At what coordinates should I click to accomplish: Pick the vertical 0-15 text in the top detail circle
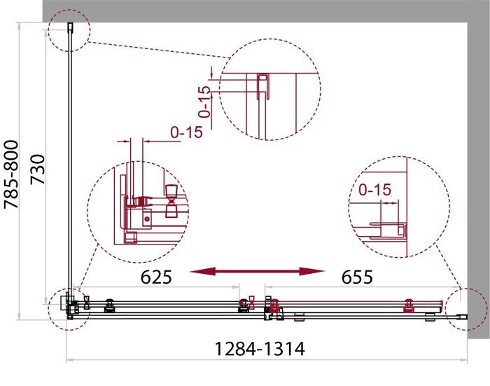(204, 101)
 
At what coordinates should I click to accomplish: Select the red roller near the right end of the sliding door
(408, 305)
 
